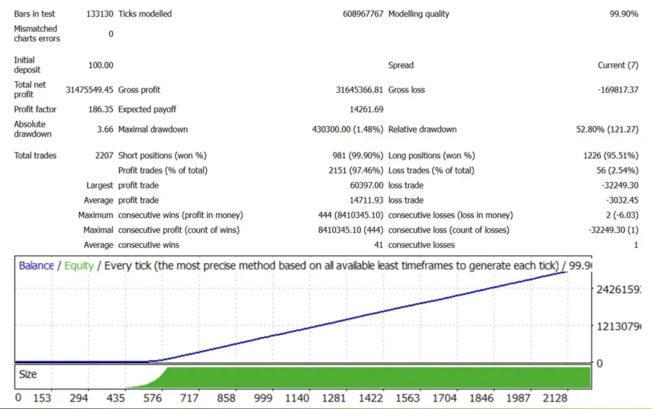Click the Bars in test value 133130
(99, 13)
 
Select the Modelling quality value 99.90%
(623, 13)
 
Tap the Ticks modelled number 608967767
(363, 13)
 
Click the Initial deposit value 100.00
(101, 65)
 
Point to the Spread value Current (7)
(618, 65)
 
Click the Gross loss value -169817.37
(618, 90)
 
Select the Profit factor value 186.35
(101, 110)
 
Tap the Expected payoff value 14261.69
(365, 110)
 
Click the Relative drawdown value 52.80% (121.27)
(607, 129)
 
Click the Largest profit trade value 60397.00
(366, 185)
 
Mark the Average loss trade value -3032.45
(621, 200)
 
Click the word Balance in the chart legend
(36, 266)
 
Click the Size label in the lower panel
(27, 375)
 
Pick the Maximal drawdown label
(153, 129)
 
